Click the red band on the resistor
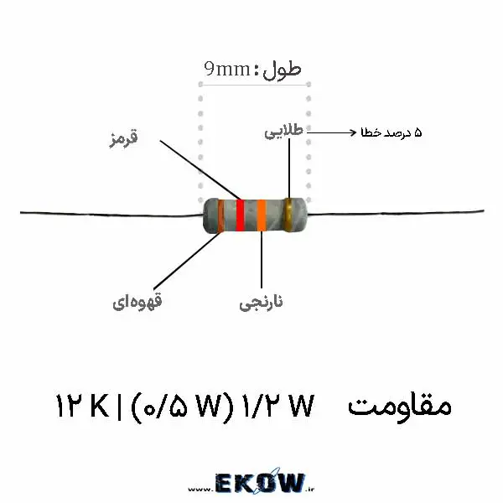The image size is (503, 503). pyautogui.click(x=240, y=215)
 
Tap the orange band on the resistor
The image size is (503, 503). pyautogui.click(x=262, y=215)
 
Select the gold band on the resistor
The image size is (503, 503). pyautogui.click(x=288, y=215)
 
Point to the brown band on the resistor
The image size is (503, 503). pyautogui.click(x=220, y=215)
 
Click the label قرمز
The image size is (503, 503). pyautogui.click(x=123, y=138)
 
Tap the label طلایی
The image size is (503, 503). pyautogui.click(x=283, y=132)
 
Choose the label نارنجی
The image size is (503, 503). pyautogui.click(x=261, y=303)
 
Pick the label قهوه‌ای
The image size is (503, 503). pyautogui.click(x=137, y=302)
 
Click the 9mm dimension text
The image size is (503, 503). pyautogui.click(x=227, y=69)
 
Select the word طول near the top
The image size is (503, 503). pyautogui.click(x=283, y=70)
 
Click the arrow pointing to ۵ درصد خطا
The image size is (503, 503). pyautogui.click(x=332, y=132)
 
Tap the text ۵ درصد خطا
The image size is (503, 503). pyautogui.click(x=392, y=132)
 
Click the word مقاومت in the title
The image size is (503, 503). pyautogui.click(x=400, y=406)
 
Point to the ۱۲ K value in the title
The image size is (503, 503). pyautogui.click(x=82, y=406)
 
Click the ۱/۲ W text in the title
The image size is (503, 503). pyautogui.click(x=277, y=406)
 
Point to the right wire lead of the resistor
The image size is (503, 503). pyautogui.click(x=395, y=213)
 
